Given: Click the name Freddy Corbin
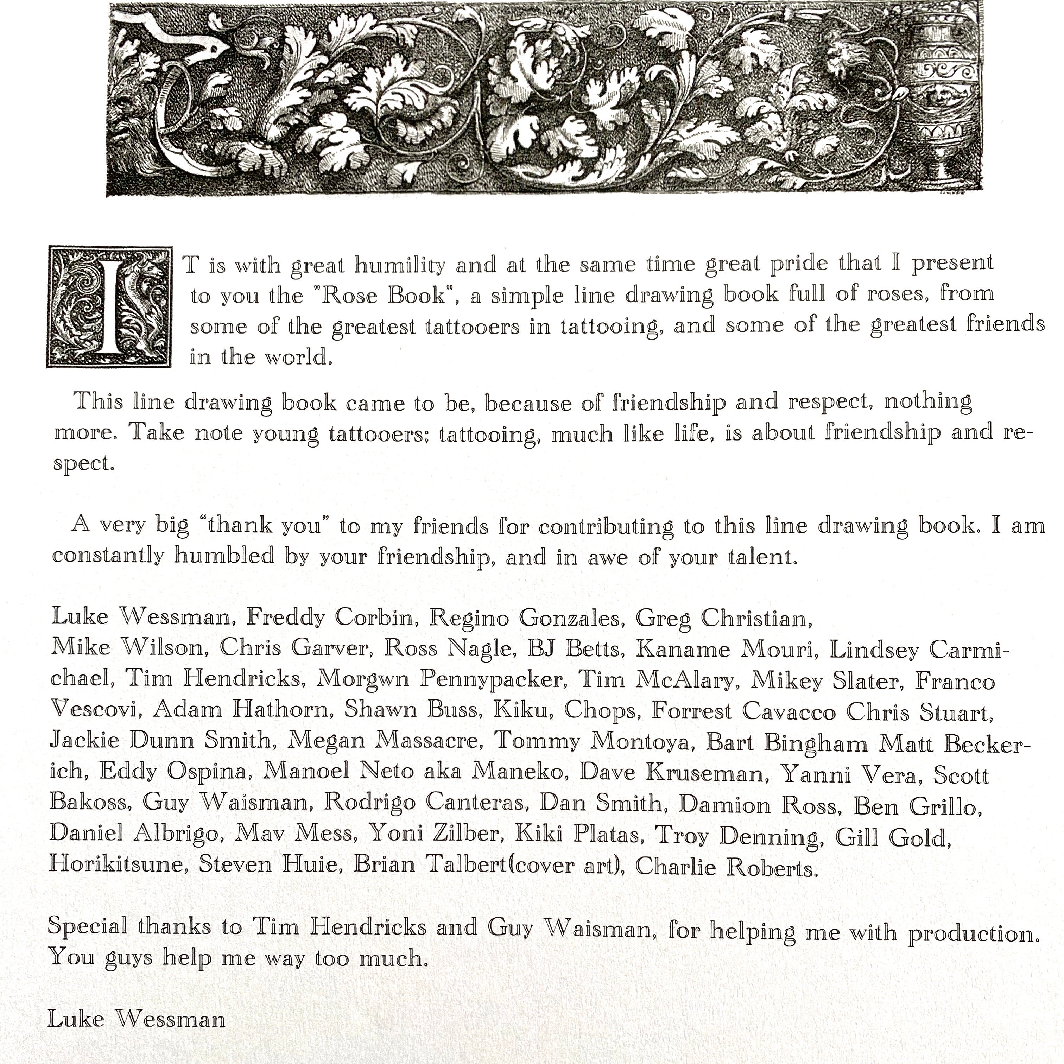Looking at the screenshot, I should [330, 617].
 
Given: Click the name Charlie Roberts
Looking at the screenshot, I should [726, 867].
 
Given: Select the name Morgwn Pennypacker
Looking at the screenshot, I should [442, 679].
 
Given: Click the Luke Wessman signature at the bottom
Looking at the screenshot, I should [137, 1019].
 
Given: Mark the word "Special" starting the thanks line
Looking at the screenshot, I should [88, 926].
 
